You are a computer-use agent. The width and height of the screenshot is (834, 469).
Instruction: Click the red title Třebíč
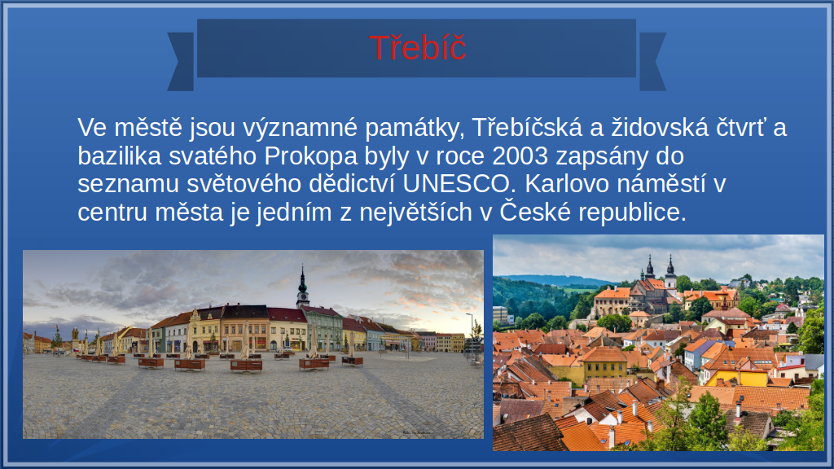[418, 48]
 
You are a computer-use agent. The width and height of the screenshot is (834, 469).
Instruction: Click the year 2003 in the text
[520, 156]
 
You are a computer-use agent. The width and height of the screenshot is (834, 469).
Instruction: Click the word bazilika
[120, 156]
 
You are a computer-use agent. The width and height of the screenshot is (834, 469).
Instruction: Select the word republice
[632, 213]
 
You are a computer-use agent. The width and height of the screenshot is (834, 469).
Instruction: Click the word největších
[416, 213]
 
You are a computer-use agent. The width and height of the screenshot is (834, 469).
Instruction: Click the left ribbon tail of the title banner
[182, 61]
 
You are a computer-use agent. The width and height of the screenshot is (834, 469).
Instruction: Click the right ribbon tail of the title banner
[652, 61]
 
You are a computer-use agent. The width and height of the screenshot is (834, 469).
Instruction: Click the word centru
[112, 213]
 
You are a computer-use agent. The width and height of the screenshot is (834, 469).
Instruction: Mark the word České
[535, 211]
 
